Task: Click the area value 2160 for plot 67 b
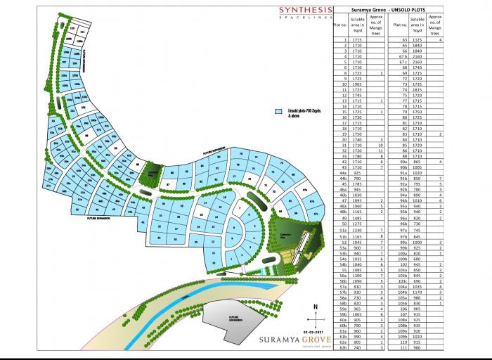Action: (x=417, y=57)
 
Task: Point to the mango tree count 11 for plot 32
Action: (x=381, y=151)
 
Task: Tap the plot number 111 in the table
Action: (x=399, y=347)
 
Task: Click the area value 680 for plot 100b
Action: (x=417, y=258)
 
